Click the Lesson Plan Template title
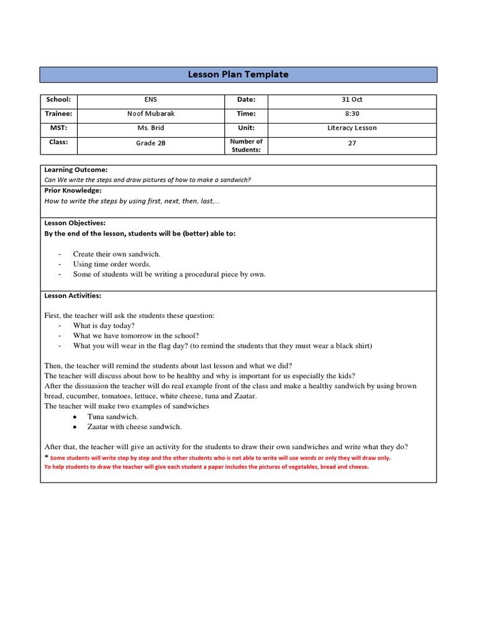click(238, 75)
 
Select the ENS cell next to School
click(151, 99)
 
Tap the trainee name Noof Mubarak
click(151, 114)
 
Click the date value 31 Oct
click(352, 99)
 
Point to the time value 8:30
click(352, 114)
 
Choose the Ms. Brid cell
click(151, 128)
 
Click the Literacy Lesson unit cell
click(352, 128)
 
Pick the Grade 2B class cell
click(151, 143)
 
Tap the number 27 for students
click(352, 142)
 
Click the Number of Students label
click(246, 145)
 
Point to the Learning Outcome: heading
click(76, 170)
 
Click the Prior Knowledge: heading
click(73, 191)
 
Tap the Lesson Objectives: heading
click(75, 223)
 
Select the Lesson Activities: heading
click(73, 296)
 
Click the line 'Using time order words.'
click(112, 264)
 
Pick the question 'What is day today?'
click(104, 325)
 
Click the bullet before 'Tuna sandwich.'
click(75, 417)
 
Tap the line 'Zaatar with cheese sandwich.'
click(135, 427)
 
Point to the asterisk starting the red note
click(47, 457)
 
